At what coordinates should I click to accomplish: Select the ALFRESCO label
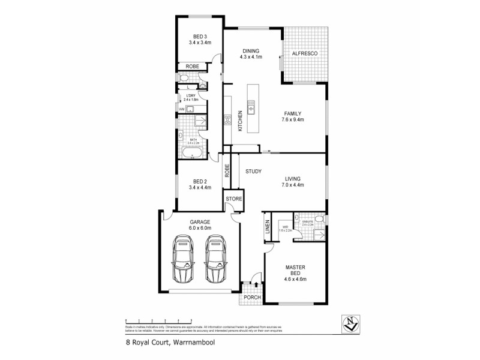click(x=305, y=54)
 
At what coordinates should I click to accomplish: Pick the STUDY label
click(x=253, y=172)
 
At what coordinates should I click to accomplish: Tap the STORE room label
click(x=233, y=199)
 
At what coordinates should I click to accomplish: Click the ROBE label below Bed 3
click(x=192, y=66)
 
